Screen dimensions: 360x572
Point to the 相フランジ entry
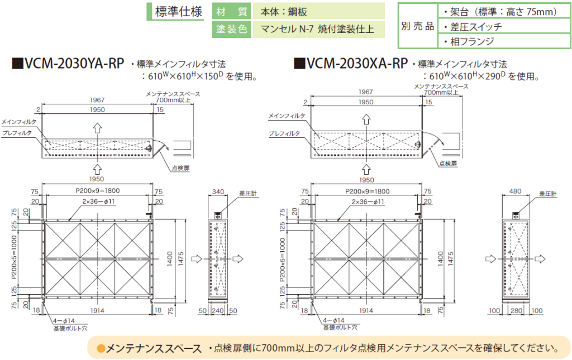point(468,41)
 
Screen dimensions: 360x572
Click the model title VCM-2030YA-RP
point(68,64)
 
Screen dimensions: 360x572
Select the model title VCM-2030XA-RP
point(350,64)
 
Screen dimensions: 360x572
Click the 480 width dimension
point(516,191)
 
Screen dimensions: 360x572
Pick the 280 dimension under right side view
point(516,310)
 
